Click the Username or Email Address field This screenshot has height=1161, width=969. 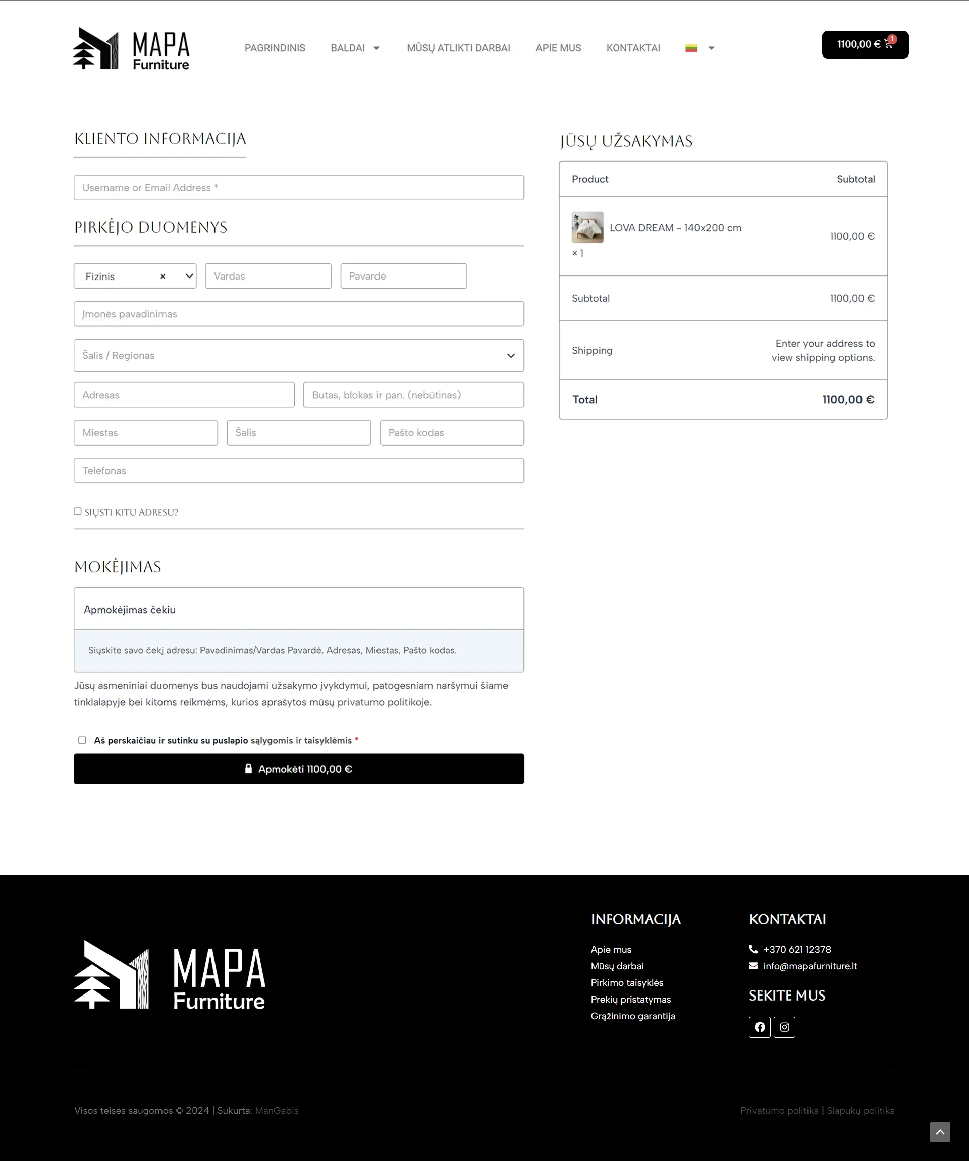(299, 187)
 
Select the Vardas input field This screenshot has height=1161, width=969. (268, 276)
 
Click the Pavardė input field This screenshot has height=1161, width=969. (403, 276)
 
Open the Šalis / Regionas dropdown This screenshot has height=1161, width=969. (299, 356)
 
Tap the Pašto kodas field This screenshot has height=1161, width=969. (451, 433)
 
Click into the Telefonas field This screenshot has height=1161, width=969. (299, 470)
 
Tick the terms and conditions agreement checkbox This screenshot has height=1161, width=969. (82, 740)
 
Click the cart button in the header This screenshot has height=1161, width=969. (865, 44)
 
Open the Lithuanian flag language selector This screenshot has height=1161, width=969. (699, 48)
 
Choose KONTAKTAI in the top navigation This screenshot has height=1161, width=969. (633, 48)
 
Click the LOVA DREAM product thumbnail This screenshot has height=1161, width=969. (587, 227)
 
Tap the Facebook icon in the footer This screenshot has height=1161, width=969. (760, 1027)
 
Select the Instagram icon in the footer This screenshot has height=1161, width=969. (784, 1027)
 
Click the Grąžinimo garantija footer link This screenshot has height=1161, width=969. (633, 1016)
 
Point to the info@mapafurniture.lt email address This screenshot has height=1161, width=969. (810, 966)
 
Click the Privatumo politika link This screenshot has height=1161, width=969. (779, 1111)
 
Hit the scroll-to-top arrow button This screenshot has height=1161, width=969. (940, 1132)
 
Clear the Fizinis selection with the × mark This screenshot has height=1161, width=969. (163, 277)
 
